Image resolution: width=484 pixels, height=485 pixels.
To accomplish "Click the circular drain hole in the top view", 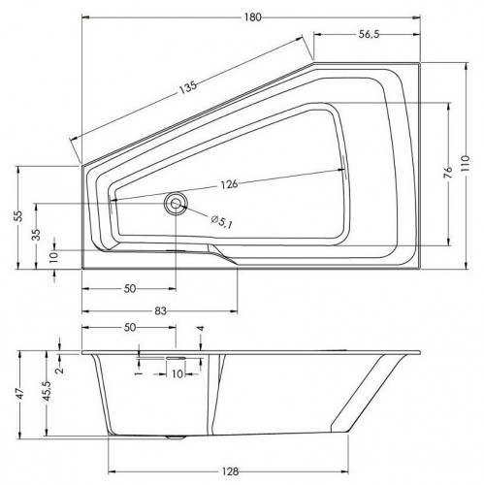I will (176, 203).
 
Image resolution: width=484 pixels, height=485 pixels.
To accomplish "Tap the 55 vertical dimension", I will (14, 215).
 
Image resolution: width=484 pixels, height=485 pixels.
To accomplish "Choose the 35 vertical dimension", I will (36, 234).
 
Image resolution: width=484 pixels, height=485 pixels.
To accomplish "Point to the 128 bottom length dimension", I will (228, 472).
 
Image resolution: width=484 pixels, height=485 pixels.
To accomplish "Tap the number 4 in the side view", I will (199, 330).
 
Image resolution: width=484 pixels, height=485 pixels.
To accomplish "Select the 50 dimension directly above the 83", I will (129, 288).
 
